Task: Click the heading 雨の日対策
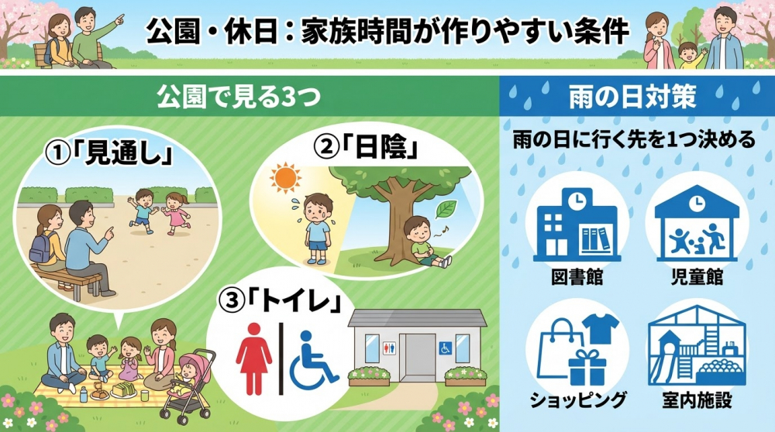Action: (x=636, y=98)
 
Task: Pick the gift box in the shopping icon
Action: (x=586, y=365)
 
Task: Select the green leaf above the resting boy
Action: (x=447, y=208)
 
